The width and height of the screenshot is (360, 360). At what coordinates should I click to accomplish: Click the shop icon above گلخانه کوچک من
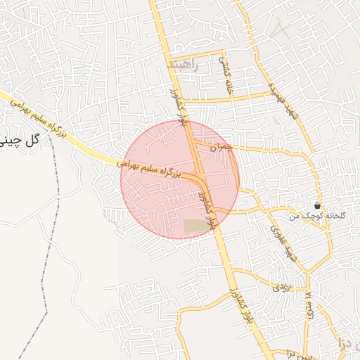(x=318, y=206)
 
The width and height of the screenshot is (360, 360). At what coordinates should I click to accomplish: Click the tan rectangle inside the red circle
(x=193, y=226)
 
